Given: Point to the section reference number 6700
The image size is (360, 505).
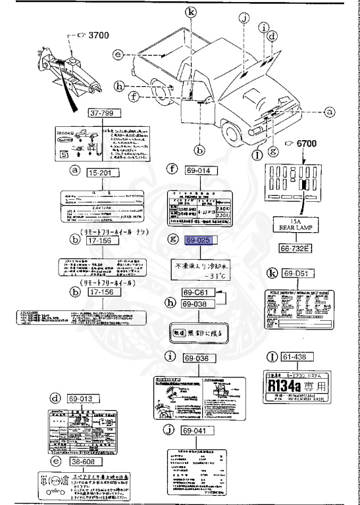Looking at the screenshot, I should (305, 143).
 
